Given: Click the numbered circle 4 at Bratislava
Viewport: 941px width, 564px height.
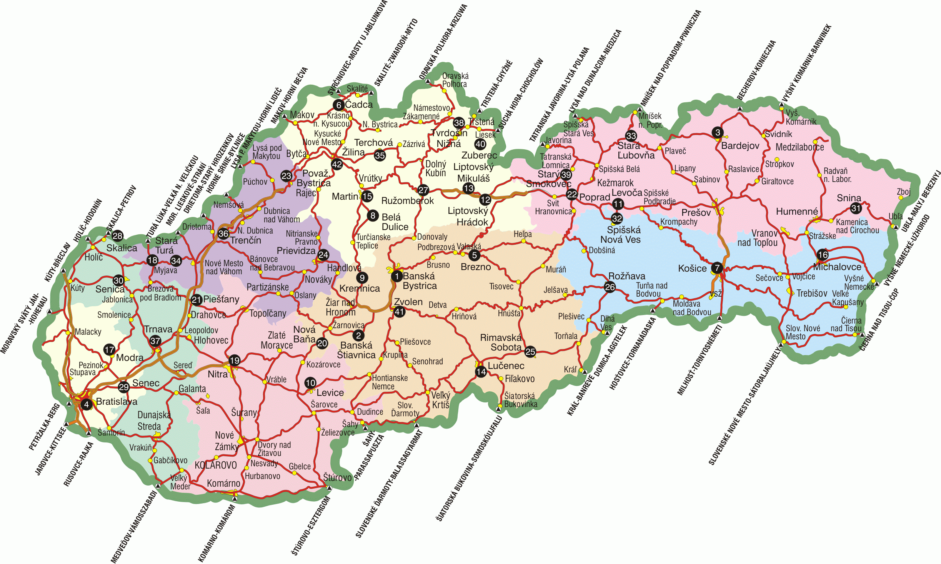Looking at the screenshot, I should coord(87,404).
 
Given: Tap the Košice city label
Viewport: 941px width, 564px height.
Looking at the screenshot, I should coord(692,268).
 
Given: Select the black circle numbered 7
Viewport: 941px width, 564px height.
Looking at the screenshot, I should coord(717,268).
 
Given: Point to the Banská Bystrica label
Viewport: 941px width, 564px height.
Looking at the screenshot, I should coord(420,281).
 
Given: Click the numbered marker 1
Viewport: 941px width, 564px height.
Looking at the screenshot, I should coord(396,276).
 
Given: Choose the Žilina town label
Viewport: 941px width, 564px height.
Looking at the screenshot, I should coord(353,152).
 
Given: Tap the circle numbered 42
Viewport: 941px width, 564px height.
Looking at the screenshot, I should coord(337,164).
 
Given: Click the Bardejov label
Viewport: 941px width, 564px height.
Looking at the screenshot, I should coord(740,146).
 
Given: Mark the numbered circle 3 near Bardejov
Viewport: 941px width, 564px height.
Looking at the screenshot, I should coord(718,133).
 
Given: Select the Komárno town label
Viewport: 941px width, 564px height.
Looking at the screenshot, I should coord(223,483).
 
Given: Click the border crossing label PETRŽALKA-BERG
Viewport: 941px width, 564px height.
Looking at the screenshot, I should coord(45,427).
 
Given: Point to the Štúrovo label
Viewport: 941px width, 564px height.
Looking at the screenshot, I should coord(337,477).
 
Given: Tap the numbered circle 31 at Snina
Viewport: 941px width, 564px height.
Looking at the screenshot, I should coord(856,208).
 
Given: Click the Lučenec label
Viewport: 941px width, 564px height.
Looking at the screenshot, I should coord(506,365).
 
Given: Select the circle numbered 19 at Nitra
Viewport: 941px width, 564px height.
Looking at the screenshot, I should coord(234,360).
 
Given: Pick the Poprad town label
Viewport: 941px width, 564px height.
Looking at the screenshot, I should coord(595,197).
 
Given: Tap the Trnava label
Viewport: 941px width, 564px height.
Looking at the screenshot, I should coord(158,329).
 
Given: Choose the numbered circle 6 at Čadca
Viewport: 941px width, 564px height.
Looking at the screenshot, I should coord(339,105).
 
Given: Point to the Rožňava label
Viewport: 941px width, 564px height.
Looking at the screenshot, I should coord(627,276).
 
